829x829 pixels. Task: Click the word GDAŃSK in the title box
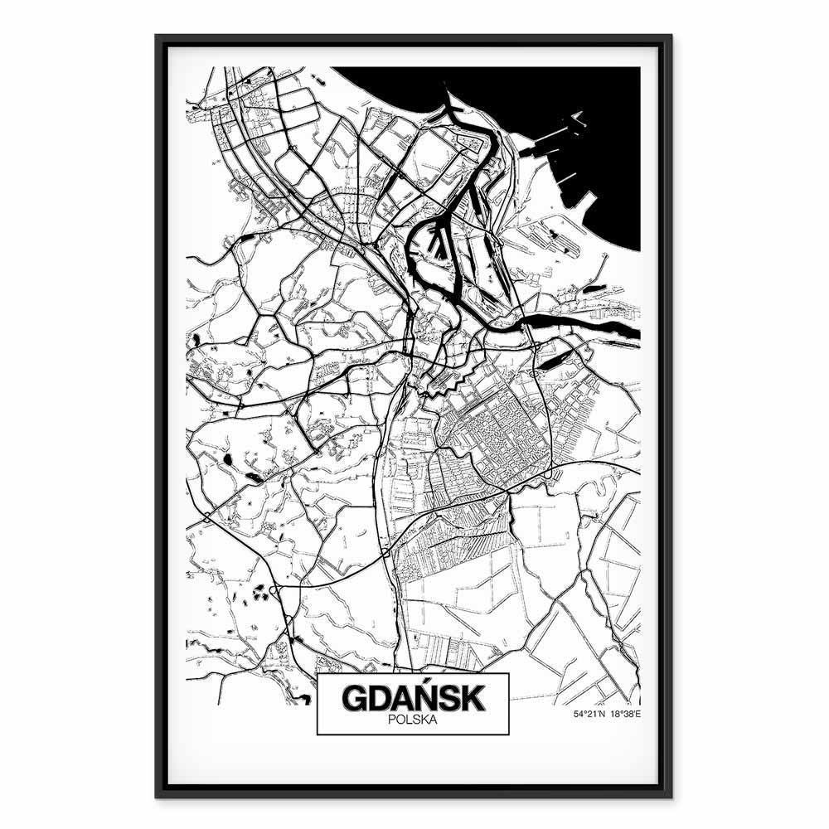(x=412, y=697)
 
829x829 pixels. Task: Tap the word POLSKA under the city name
(x=412, y=720)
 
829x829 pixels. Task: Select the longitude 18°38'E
(x=626, y=713)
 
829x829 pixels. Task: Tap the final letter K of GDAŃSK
(x=472, y=697)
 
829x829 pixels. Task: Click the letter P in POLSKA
(x=390, y=720)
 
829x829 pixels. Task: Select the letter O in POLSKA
(x=399, y=720)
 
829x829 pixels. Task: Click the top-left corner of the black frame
(x=157, y=36)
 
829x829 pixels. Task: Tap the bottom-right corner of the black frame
(x=671, y=796)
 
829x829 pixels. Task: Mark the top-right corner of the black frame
(x=671, y=36)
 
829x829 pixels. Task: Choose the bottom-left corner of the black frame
(x=157, y=796)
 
